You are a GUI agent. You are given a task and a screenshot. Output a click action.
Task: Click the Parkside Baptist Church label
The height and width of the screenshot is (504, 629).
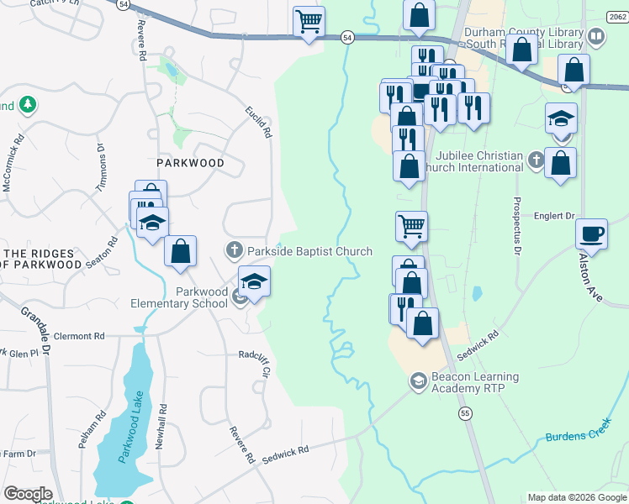tap(309, 251)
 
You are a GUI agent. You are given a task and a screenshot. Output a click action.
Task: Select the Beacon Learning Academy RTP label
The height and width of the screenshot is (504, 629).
tap(475, 383)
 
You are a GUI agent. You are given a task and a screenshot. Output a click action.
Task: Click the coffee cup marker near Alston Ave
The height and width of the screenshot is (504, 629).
tap(592, 233)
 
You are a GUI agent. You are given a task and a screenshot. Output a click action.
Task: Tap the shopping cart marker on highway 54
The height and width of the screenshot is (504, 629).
tap(309, 22)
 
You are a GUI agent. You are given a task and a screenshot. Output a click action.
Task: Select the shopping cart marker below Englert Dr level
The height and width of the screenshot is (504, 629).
tap(411, 226)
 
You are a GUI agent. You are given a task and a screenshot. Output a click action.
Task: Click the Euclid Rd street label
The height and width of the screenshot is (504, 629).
tap(259, 123)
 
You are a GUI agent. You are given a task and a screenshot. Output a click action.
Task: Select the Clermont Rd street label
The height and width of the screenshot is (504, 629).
tap(78, 336)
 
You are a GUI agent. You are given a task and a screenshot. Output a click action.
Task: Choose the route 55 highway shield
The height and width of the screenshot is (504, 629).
tap(465, 413)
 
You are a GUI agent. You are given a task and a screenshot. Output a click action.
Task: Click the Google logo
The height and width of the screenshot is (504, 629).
tap(28, 494)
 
